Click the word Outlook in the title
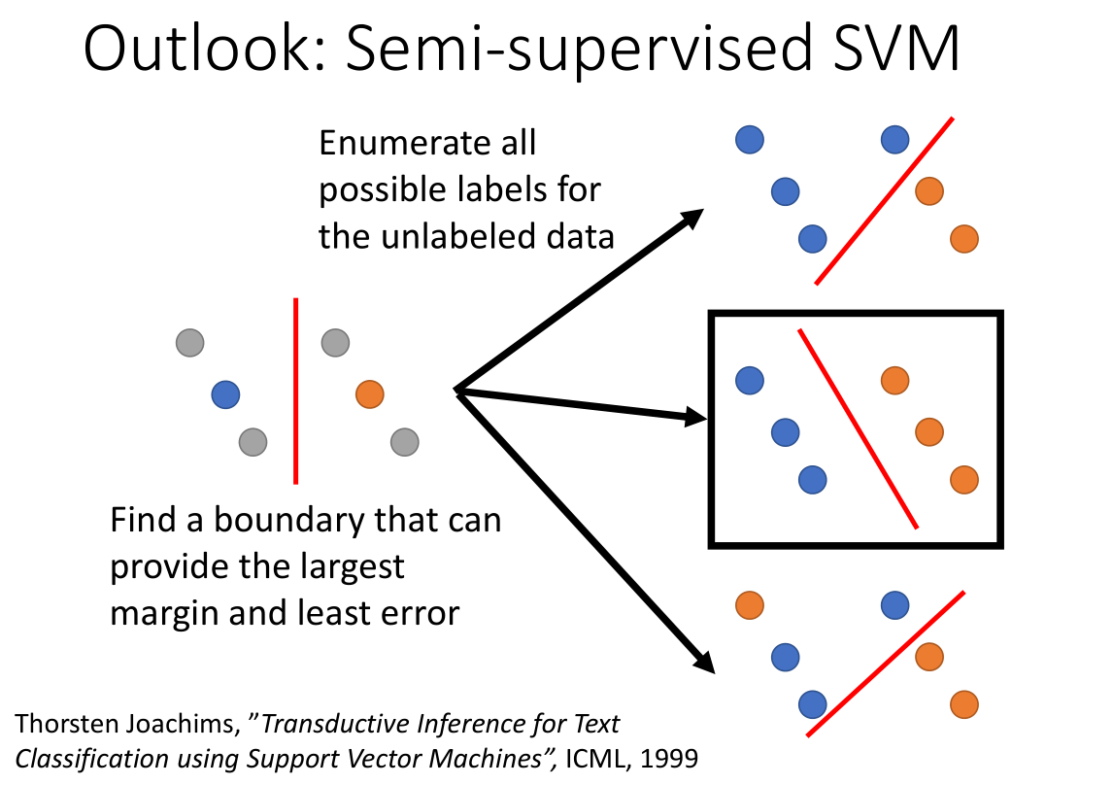pos(205,48)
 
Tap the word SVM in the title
pos(896,48)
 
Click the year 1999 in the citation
pos(668,759)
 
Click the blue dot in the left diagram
pos(225,394)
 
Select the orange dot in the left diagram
pos(370,393)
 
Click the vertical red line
pos(295,392)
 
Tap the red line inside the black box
pos(859,428)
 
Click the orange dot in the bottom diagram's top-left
pos(750,605)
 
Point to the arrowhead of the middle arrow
pos(695,417)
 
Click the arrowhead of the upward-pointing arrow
pos(691,218)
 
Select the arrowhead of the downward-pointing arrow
pos(703,662)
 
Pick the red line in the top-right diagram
pos(885,201)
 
